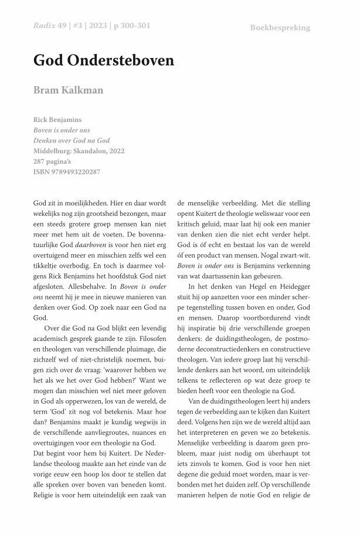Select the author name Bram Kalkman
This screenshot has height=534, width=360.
[x=68, y=90]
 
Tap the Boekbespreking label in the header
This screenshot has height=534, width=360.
[x=280, y=28]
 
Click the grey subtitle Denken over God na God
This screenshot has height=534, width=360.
[x=72, y=140]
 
